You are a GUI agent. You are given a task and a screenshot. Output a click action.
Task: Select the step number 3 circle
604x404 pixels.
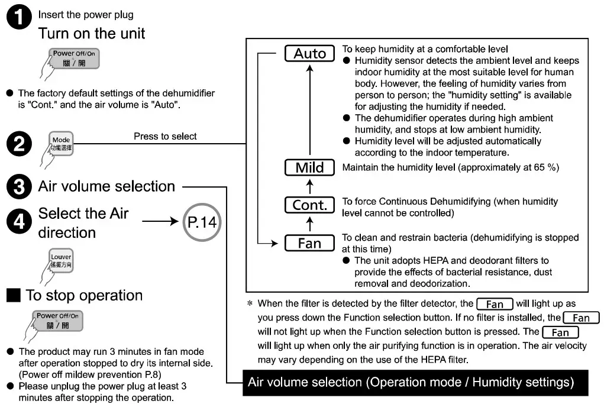pyautogui.click(x=18, y=187)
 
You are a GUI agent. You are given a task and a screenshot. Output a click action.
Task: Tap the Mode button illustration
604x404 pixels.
pyautogui.click(x=61, y=144)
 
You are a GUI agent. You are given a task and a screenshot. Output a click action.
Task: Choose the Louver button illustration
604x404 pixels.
pyautogui.click(x=61, y=260)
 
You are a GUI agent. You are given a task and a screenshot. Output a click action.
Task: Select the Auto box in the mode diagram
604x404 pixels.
pyautogui.click(x=310, y=54)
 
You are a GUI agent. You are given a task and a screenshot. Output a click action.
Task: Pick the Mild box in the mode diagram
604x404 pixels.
pyautogui.click(x=310, y=167)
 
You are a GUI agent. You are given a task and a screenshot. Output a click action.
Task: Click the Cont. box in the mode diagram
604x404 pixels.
pyautogui.click(x=310, y=205)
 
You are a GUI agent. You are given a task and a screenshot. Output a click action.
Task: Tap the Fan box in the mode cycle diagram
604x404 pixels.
pyautogui.click(x=309, y=243)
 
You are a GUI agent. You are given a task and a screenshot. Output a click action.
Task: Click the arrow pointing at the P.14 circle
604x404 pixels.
pyautogui.click(x=159, y=222)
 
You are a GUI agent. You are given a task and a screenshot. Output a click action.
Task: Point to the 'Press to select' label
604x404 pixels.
pyautogui.click(x=165, y=136)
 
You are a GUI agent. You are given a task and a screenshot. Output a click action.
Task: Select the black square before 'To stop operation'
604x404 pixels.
pyautogui.click(x=15, y=295)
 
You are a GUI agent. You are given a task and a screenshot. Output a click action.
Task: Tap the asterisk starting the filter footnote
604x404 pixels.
pyautogui.click(x=250, y=304)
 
